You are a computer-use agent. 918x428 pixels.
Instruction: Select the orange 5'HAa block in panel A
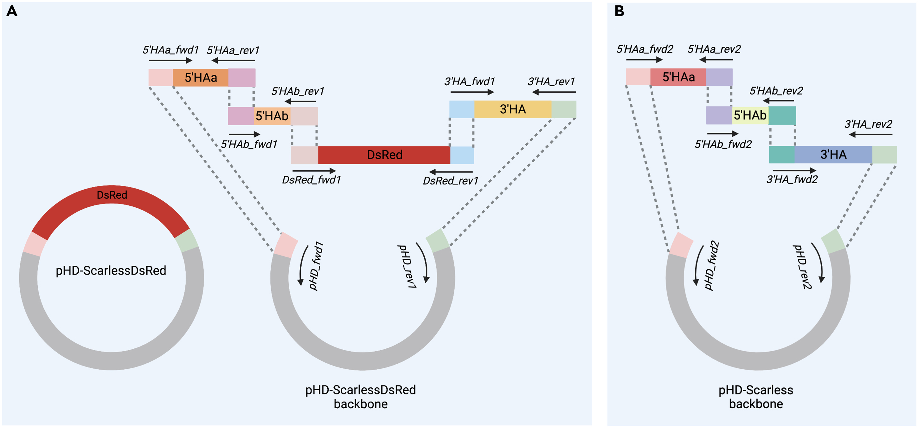coord(200,77)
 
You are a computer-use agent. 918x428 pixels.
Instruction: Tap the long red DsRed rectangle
coord(384,155)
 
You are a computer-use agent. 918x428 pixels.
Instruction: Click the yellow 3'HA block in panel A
coord(512,109)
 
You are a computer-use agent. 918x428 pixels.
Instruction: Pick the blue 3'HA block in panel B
coord(833,154)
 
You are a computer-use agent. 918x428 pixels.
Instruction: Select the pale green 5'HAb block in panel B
coord(750,115)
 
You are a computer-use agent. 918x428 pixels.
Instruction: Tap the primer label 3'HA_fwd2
coord(792,179)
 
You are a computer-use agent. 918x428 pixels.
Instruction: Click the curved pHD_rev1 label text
coord(406,266)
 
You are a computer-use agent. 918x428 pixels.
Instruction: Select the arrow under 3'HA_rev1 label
coord(554,92)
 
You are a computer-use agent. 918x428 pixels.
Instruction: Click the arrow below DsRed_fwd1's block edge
coord(314,171)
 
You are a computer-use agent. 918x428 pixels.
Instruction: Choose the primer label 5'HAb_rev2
coord(776,91)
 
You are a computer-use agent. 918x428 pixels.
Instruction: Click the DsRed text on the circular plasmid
coord(112,195)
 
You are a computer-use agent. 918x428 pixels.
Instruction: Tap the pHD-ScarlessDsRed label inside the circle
coord(111,270)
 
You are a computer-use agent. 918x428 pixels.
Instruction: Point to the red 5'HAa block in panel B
coord(678,77)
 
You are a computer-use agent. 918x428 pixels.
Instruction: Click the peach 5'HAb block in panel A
coord(272,116)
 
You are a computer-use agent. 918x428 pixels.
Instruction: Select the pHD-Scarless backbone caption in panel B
coord(755,397)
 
